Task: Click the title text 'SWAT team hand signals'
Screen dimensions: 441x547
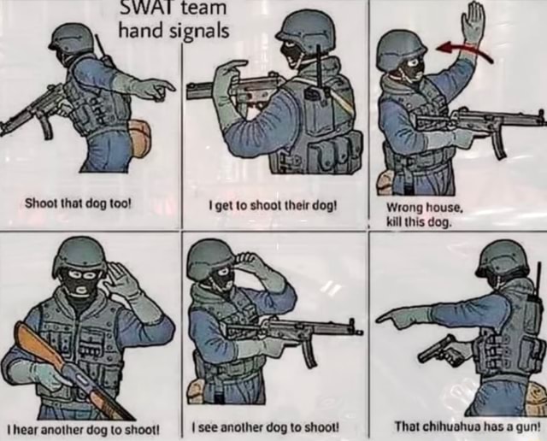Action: (x=174, y=21)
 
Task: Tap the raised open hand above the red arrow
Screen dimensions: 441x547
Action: (x=472, y=24)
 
